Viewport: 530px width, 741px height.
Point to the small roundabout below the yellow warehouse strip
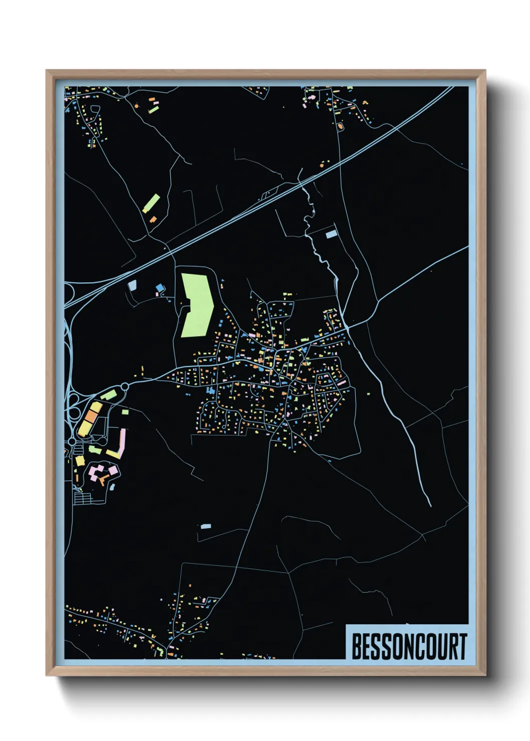tap(72, 441)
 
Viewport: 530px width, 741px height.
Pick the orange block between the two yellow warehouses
tap(91, 417)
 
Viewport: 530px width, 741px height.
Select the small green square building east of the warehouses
tap(125, 412)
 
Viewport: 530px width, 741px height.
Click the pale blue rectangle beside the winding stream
tap(331, 234)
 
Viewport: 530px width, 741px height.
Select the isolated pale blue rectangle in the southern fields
tap(205, 526)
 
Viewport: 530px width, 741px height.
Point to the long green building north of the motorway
tap(151, 203)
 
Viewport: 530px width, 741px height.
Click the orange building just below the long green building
tap(153, 219)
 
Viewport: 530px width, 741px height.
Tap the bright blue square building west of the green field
tap(160, 287)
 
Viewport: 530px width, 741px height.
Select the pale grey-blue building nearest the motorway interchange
tap(132, 285)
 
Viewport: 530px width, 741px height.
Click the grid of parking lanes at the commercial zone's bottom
tap(83, 498)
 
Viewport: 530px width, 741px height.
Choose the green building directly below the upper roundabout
tap(109, 396)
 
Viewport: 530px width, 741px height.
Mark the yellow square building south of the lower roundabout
tap(80, 460)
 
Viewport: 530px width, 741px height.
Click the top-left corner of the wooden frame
tap(47, 71)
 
